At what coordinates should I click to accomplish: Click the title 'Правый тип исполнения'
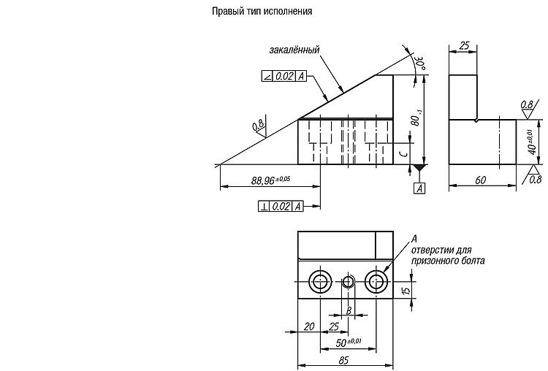click(262, 12)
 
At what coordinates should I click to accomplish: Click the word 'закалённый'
click(294, 50)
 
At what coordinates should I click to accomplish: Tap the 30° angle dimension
click(419, 62)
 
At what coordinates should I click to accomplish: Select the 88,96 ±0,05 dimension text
click(270, 180)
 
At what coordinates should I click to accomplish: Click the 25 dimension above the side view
click(464, 46)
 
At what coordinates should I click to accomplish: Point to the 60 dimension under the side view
click(481, 180)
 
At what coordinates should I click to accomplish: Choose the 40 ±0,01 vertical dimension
click(532, 142)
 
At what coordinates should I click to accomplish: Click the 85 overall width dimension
click(343, 360)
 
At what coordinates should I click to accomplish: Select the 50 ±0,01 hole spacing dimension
click(349, 343)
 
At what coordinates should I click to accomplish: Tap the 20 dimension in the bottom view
click(309, 326)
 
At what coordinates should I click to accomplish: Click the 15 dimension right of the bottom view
click(406, 291)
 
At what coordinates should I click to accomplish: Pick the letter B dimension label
click(349, 310)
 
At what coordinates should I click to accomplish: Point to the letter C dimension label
click(403, 153)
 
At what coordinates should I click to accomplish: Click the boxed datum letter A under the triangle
click(419, 188)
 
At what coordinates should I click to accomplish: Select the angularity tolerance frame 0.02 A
click(283, 76)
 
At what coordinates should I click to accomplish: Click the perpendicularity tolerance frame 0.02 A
click(281, 206)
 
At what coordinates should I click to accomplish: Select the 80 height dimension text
click(416, 118)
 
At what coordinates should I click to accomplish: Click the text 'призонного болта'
click(448, 261)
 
